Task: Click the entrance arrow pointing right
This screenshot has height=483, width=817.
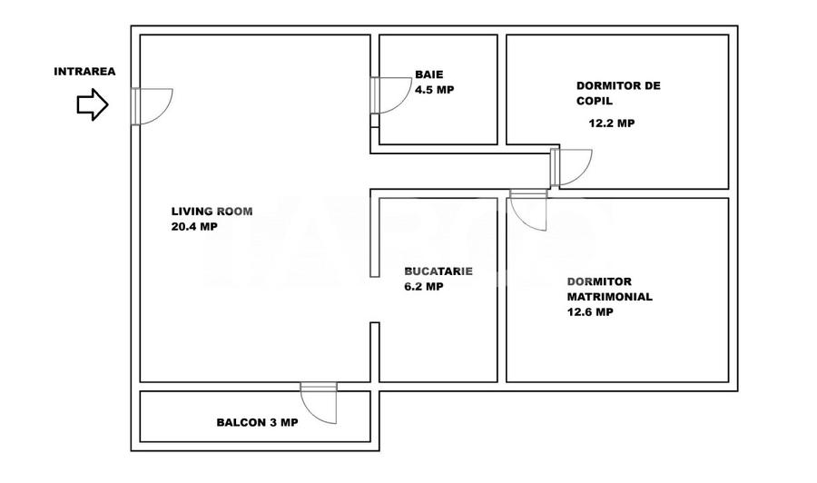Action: coord(92,104)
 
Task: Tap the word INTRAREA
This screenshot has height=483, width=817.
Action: coord(84,72)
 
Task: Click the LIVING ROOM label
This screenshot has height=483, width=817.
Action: coord(212,212)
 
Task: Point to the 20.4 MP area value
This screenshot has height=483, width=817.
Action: coord(194,227)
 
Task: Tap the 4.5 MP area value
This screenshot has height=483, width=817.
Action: coord(434,90)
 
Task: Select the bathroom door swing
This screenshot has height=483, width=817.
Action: coord(390,95)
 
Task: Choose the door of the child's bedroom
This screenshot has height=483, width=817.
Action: coord(570,167)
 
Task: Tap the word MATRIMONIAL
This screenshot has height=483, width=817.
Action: coord(609,297)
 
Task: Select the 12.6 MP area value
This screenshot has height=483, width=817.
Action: coord(590,312)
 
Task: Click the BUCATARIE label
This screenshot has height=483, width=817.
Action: coord(438,271)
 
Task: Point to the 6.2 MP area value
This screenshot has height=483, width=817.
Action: coord(424,286)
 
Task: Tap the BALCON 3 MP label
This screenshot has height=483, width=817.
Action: coord(257,422)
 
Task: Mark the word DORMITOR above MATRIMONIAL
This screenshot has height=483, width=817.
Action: coord(599,281)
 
